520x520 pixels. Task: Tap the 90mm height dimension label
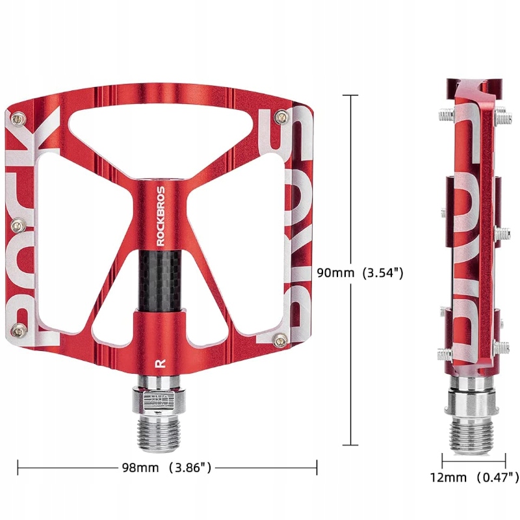[x=360, y=272]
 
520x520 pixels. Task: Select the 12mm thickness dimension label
[x=474, y=477]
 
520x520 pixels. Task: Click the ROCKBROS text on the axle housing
[x=161, y=216]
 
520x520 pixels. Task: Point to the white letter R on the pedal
[x=160, y=363]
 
